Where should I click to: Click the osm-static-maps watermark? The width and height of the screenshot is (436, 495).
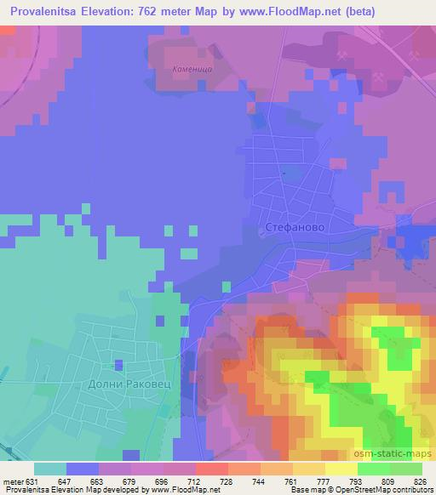(396, 455)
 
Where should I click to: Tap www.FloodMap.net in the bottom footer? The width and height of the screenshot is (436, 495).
(170, 490)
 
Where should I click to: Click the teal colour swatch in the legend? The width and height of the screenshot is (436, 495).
(50, 469)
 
